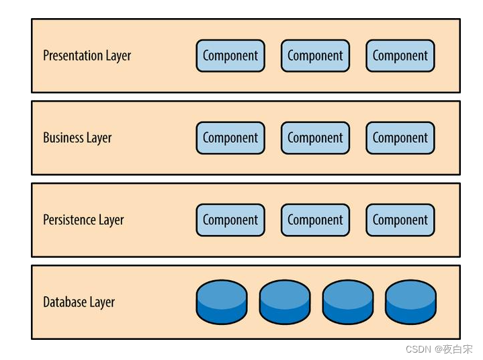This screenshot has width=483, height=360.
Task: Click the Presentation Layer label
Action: (x=87, y=56)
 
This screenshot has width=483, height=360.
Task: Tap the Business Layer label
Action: (x=77, y=138)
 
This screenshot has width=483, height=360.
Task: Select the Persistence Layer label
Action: (x=83, y=220)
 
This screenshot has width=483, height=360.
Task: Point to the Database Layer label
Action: (x=79, y=302)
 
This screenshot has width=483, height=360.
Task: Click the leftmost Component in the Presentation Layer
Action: (x=230, y=56)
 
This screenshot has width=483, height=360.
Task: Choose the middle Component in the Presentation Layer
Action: (x=315, y=56)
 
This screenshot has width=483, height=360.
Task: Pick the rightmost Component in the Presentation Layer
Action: (x=400, y=56)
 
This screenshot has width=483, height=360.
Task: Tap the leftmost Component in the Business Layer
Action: (x=230, y=138)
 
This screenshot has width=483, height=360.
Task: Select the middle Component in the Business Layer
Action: (x=315, y=138)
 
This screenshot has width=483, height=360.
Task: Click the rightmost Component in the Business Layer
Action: (x=400, y=138)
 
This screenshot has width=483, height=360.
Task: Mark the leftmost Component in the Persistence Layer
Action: (x=230, y=220)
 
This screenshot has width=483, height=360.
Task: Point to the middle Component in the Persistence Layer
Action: (x=315, y=220)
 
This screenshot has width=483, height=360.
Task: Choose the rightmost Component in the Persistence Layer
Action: (x=400, y=220)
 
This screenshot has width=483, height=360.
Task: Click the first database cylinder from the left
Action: (x=222, y=302)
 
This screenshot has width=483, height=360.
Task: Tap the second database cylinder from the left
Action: (x=285, y=302)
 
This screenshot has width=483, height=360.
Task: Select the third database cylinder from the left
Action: (x=348, y=302)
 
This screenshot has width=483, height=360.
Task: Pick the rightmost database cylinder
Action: (x=410, y=302)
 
